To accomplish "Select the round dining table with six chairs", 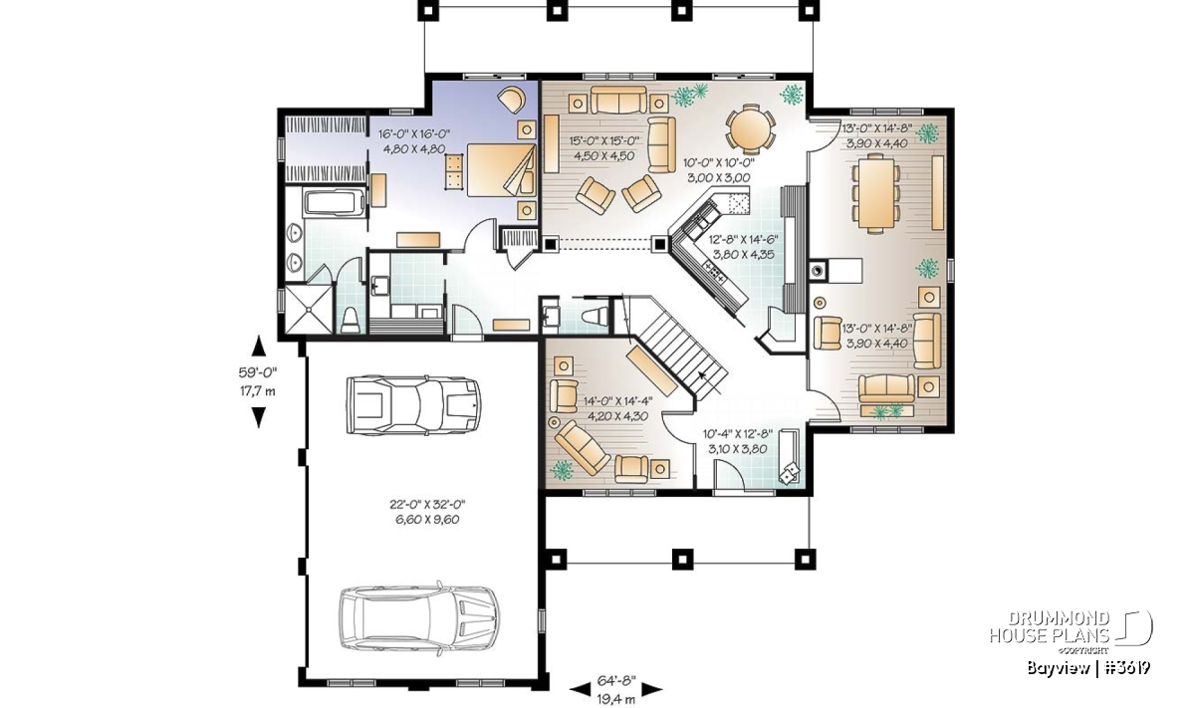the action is click(750, 130).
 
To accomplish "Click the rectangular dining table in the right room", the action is click(876, 193).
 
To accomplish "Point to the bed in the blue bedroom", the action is click(501, 169).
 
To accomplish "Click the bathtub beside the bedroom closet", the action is click(334, 203).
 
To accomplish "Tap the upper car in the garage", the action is click(413, 405).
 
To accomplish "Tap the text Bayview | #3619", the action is click(1088, 668).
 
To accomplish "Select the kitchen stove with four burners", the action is click(714, 272).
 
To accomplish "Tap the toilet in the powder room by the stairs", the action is click(595, 317).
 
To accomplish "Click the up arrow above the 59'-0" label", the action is click(258, 346).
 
